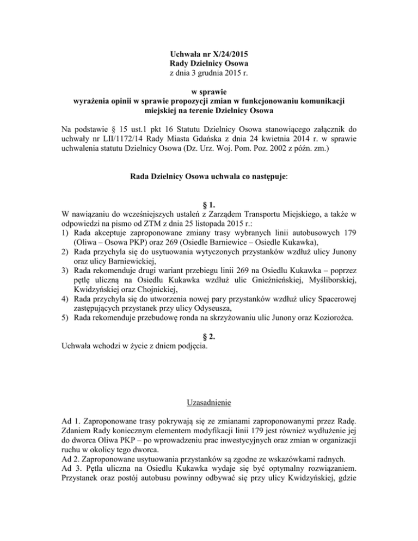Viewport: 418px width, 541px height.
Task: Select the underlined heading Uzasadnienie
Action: click(208, 403)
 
